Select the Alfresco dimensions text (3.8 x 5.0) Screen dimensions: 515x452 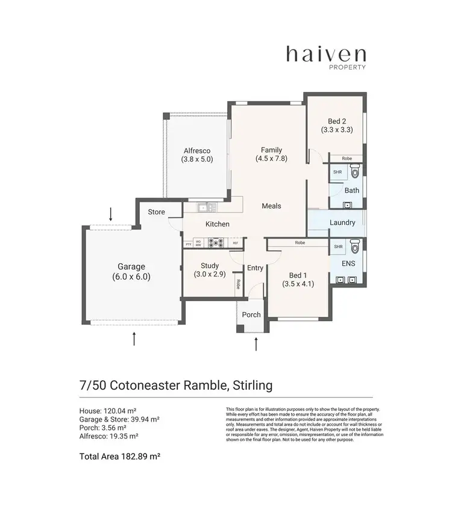tap(197, 160)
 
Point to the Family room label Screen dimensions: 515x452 tap(271, 150)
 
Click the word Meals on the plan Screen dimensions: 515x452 tap(271, 206)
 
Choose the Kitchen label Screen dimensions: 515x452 tap(218, 224)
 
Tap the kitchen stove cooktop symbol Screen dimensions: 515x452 tap(216, 243)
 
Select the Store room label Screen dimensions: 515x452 tap(156, 212)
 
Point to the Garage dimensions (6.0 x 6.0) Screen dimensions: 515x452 tap(131, 277)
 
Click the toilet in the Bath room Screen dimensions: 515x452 tap(354, 173)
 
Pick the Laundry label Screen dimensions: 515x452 tap(342, 222)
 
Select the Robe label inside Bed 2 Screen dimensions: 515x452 tap(347, 158)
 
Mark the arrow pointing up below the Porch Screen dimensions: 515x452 tap(257, 345)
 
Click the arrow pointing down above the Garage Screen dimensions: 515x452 tap(110, 213)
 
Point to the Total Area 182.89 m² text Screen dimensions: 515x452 tap(120, 457)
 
